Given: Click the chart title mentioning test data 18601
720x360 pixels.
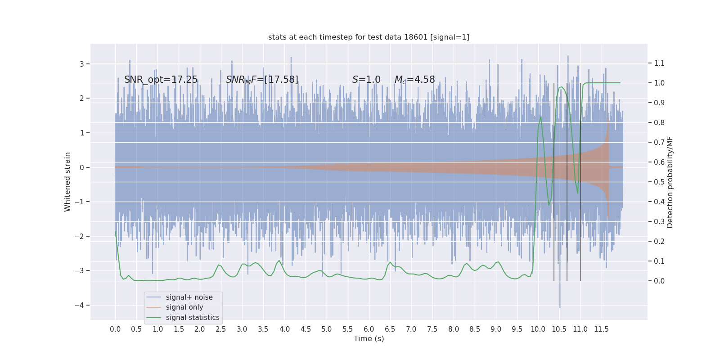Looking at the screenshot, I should (369, 37).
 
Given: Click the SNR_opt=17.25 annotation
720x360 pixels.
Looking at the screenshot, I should (161, 80).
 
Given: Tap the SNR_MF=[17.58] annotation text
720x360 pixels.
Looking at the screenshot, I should (262, 80).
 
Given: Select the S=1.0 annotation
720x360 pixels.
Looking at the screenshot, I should (366, 80).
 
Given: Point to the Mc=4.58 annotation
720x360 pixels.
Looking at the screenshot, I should (414, 80).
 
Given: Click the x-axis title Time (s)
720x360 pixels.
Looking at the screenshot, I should (369, 339).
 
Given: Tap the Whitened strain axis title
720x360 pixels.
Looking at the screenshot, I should (67, 182).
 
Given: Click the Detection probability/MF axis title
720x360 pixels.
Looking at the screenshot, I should (670, 182).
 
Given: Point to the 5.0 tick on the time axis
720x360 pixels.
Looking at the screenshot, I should (327, 329).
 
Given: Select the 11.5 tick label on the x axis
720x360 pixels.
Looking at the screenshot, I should (601, 329).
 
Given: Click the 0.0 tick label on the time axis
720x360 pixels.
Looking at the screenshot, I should (115, 329).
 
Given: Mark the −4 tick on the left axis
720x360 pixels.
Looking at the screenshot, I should (81, 305).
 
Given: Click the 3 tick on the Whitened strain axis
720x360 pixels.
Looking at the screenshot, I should (82, 64).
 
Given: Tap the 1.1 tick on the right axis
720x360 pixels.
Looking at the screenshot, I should (659, 63).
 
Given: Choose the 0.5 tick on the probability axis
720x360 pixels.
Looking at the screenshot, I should (659, 182).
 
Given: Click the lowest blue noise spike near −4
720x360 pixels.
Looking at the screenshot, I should (560, 307).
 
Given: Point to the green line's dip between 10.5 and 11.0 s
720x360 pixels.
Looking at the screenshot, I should (578, 193).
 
